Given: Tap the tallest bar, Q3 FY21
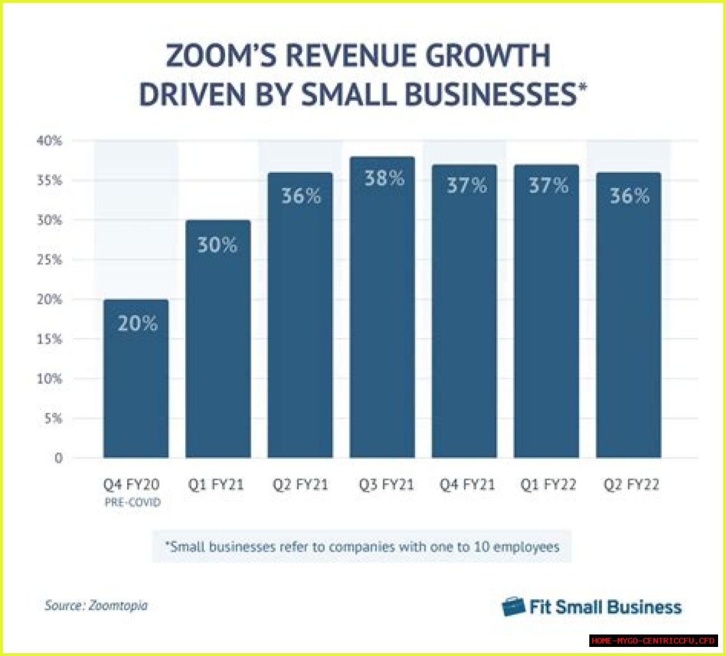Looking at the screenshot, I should [x=382, y=317].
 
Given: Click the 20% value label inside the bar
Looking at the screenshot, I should [x=137, y=323].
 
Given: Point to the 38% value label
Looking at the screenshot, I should [x=384, y=178].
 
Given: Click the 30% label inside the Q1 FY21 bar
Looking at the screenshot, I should [x=217, y=245].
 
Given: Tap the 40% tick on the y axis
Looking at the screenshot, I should [x=49, y=140].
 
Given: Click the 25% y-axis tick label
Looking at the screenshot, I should [x=49, y=259].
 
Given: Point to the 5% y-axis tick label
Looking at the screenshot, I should [x=53, y=418].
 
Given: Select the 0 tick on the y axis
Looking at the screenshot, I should [x=58, y=458].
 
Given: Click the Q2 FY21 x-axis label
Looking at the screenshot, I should [x=300, y=485].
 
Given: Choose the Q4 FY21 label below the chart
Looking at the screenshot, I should [x=467, y=485].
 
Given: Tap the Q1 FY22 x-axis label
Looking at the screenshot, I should [x=548, y=485].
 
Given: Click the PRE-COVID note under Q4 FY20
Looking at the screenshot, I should [x=133, y=502].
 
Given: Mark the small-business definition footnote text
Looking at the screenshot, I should [x=362, y=547].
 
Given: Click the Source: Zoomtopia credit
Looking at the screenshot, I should [x=96, y=606].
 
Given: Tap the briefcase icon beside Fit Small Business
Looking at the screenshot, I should [x=513, y=607].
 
